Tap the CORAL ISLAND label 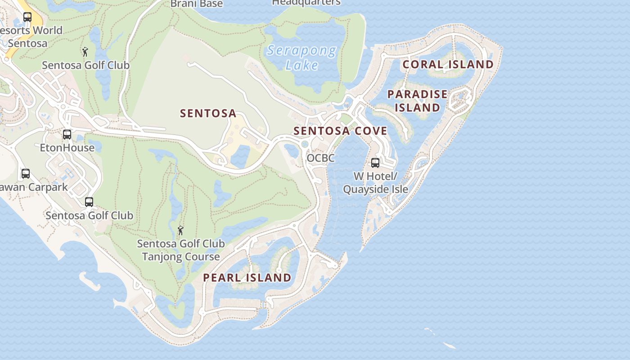coord(448,64)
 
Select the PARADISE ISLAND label coord(417,101)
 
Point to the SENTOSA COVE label coord(340,131)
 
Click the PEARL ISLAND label coord(247,278)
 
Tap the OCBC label coord(321,158)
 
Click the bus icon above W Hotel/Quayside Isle coord(375,163)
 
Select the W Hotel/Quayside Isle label coord(375,182)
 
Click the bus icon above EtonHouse coord(67,134)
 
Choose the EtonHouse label coord(67,148)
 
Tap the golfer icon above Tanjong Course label coord(180,230)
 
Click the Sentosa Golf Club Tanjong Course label coord(180,250)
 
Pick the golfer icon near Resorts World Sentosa coord(85,52)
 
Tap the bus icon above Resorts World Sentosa coord(27,17)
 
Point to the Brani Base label coord(197,4)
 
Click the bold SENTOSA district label coord(208,113)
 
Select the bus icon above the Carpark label coord(26,173)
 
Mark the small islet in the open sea coord(449,345)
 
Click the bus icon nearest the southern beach coord(89,202)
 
